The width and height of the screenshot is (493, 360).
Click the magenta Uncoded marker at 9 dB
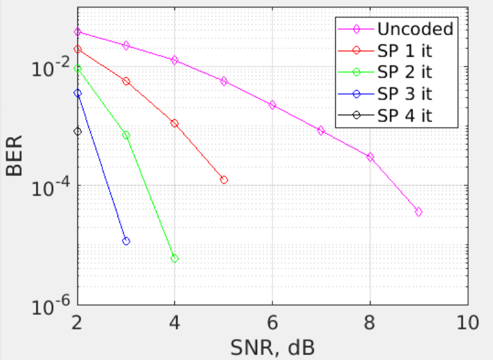click(x=419, y=212)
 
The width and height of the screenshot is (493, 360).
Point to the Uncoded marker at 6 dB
click(x=272, y=105)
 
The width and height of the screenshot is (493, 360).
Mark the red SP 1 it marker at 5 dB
click(x=224, y=180)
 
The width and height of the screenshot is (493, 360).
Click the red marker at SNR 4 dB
click(x=175, y=124)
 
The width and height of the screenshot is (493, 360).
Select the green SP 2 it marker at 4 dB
click(x=175, y=259)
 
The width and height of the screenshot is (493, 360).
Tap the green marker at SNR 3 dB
click(x=126, y=135)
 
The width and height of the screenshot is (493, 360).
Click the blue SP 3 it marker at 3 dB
click(x=126, y=241)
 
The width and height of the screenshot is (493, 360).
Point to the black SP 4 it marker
click(x=77, y=132)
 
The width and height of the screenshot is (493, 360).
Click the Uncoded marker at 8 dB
click(x=370, y=157)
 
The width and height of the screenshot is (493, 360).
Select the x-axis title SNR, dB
click(x=272, y=347)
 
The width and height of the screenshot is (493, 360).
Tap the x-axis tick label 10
click(x=467, y=322)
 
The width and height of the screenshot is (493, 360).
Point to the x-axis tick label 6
click(x=272, y=322)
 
